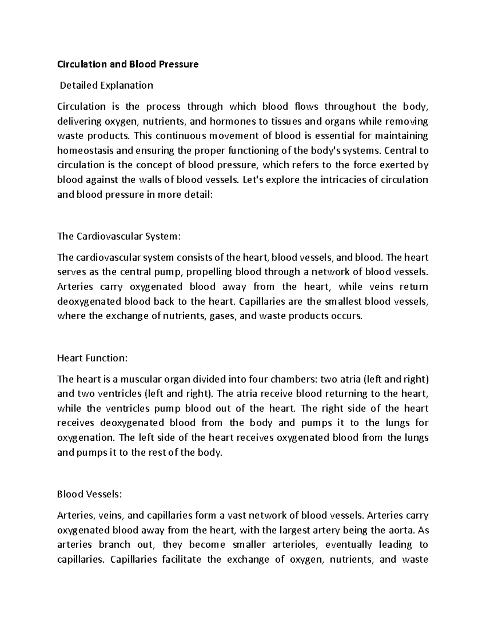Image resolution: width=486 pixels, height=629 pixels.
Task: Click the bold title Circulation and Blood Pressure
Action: click(128, 64)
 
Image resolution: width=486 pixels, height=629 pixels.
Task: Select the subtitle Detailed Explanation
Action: click(107, 85)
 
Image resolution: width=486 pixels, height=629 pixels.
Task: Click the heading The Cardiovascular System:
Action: click(118, 236)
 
